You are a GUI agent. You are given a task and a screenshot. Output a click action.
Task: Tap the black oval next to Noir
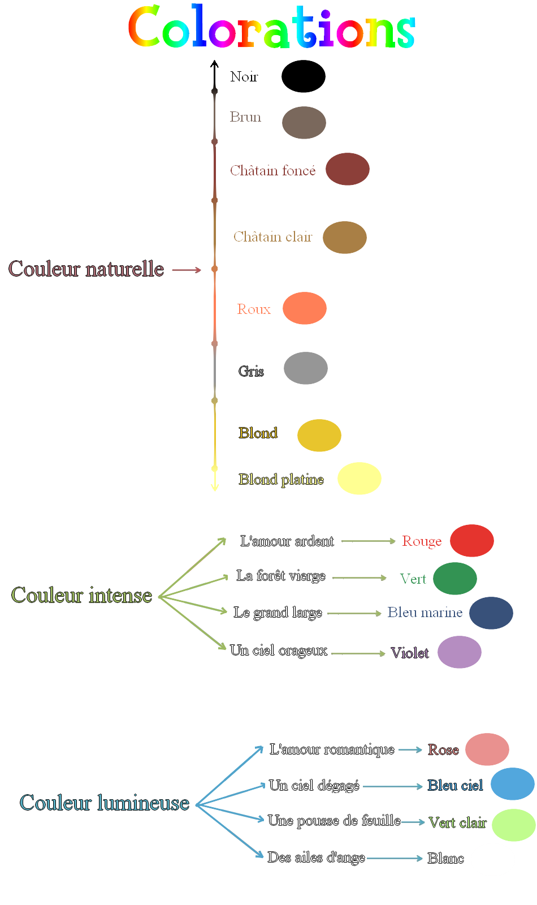[304, 76]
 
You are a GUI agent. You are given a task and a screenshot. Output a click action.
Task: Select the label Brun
[245, 117]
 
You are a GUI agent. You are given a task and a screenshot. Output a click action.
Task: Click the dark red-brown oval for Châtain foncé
[348, 169]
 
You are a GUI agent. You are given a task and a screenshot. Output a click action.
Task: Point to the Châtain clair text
[272, 237]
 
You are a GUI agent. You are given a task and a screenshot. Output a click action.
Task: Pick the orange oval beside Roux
[305, 308]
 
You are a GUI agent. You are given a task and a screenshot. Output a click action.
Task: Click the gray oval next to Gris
[306, 368]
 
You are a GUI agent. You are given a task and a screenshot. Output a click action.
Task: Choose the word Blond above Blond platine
[258, 433]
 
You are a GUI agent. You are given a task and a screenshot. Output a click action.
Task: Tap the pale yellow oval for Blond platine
[360, 479]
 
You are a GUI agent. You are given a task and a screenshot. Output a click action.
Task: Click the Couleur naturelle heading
[86, 269]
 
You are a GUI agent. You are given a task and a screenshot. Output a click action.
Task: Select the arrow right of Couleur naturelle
[187, 270]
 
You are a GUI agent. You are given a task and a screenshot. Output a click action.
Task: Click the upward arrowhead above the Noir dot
[214, 64]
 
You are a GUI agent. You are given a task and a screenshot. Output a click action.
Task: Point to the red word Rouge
[422, 541]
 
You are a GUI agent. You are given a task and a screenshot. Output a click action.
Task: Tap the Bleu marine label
[425, 613]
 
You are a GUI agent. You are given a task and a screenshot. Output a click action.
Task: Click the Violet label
[410, 653]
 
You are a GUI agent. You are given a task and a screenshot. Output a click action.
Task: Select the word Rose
[443, 750]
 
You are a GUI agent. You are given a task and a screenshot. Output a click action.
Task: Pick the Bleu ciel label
[455, 786]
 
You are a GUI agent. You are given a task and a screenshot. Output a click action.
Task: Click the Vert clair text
[457, 823]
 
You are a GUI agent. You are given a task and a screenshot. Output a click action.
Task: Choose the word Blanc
[445, 859]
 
